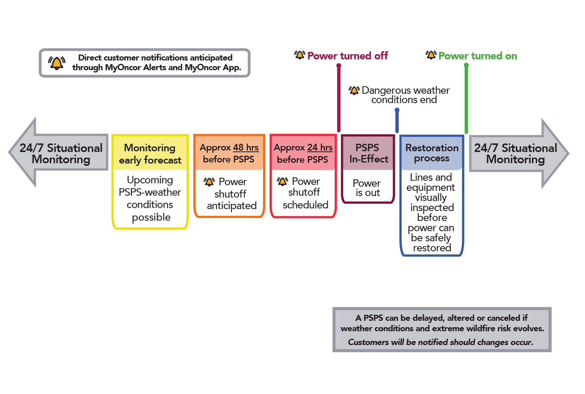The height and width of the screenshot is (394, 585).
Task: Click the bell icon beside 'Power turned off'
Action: tap(300, 55)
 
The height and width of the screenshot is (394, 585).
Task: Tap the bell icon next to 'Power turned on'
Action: tap(431, 55)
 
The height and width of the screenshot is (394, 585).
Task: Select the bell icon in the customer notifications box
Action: tap(56, 63)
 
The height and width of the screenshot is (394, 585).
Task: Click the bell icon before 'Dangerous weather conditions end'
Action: tap(354, 90)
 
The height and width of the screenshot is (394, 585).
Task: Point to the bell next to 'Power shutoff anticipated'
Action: tap(209, 182)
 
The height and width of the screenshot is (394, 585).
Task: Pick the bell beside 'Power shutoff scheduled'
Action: tap(282, 182)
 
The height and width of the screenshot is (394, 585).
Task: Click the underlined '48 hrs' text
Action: tap(246, 148)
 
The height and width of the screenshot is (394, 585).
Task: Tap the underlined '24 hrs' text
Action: tap(320, 148)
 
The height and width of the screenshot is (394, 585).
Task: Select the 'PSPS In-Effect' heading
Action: tap(368, 153)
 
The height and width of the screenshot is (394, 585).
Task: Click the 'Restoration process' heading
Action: tap(432, 153)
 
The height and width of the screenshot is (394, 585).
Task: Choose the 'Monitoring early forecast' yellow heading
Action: tap(150, 153)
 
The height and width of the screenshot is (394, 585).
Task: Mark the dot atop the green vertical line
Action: tap(466, 65)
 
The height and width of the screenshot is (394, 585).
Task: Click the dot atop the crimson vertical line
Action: tap(339, 66)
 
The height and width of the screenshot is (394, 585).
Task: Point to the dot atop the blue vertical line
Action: tap(397, 110)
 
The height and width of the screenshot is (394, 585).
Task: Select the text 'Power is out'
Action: tap(367, 188)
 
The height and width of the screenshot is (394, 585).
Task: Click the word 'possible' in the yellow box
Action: tap(151, 217)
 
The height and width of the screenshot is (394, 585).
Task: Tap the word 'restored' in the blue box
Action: tap(432, 248)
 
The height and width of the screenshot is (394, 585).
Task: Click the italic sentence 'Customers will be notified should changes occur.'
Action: tap(441, 342)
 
